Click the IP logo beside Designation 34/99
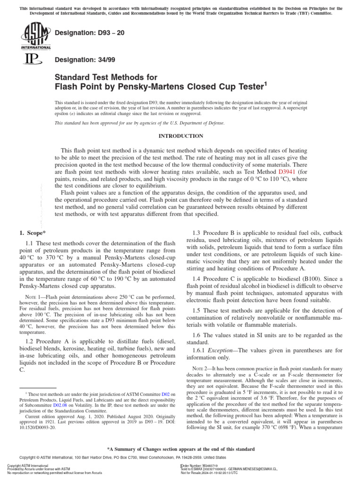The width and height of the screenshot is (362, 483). coord(29,59)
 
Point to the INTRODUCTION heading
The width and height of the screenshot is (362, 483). coord(181,136)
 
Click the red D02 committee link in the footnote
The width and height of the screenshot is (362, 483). coord(166,394)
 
